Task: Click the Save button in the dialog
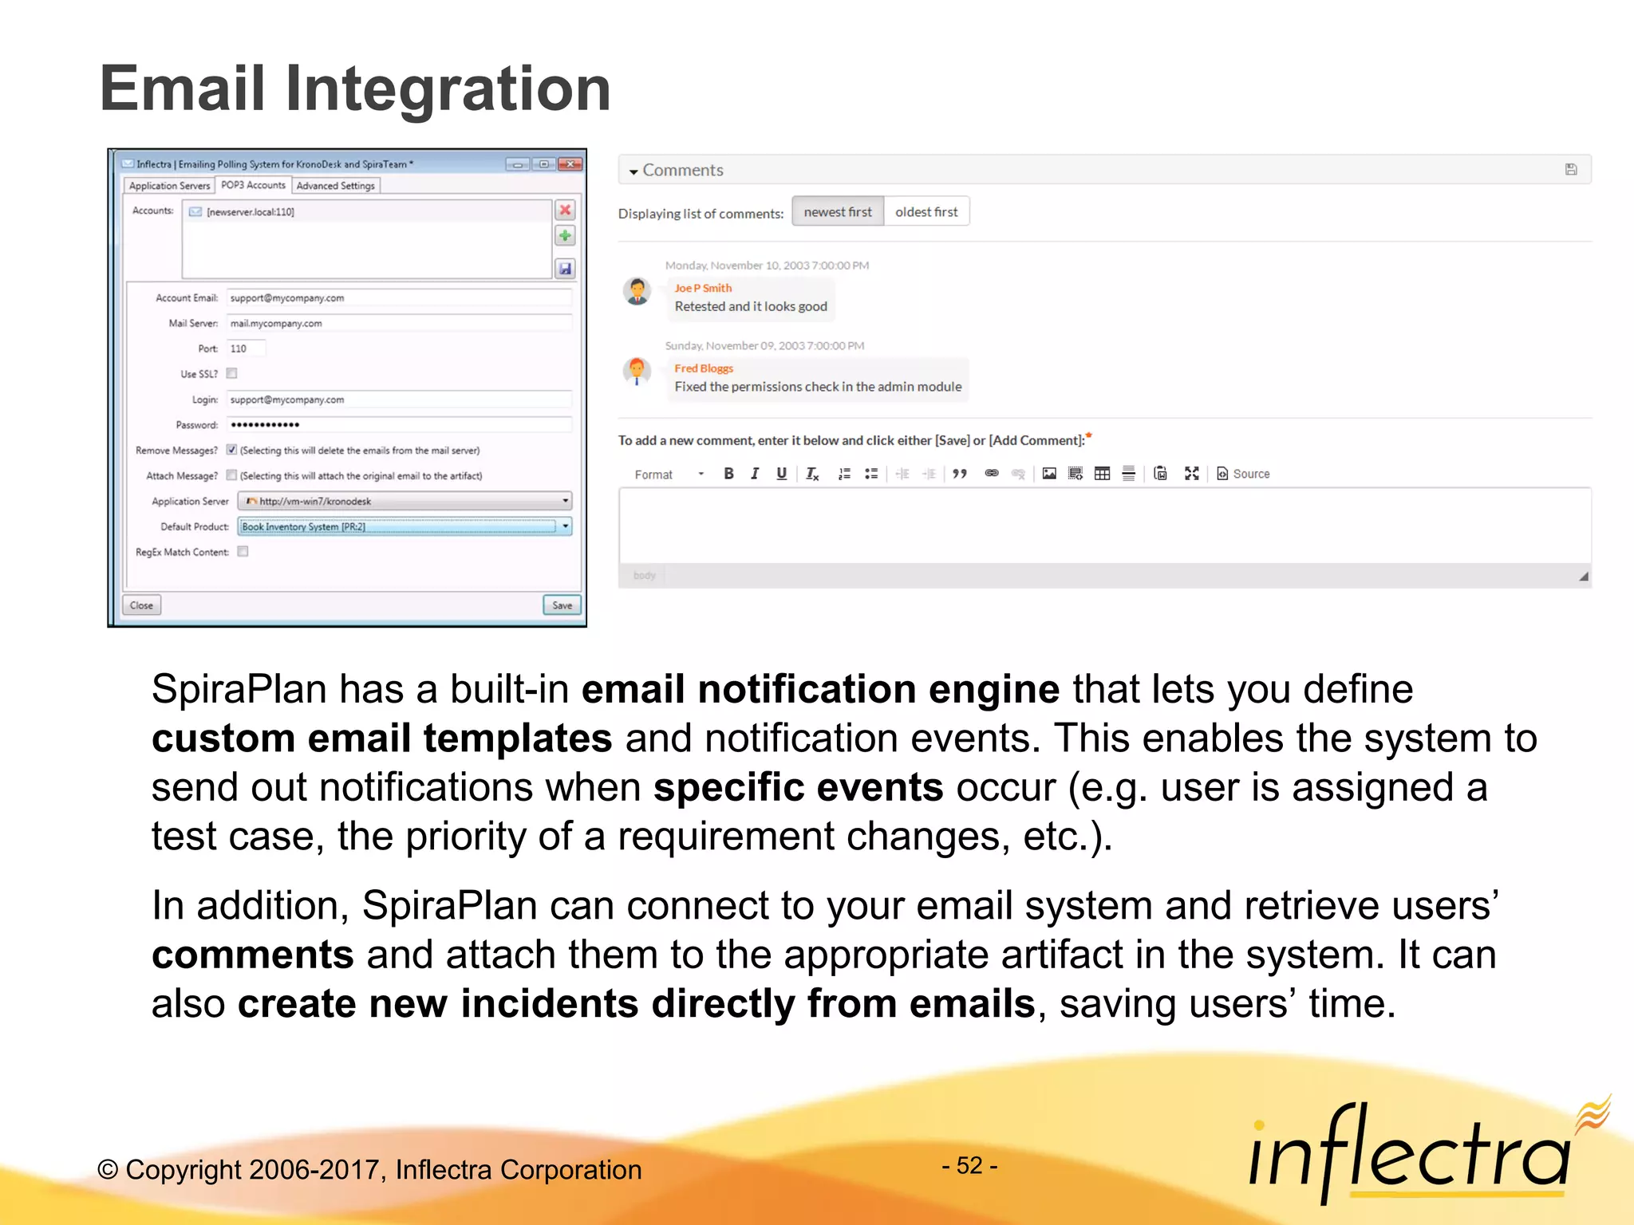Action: pyautogui.click(x=562, y=605)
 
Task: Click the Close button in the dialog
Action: pyautogui.click(x=141, y=605)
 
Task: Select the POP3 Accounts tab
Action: pyautogui.click(x=253, y=185)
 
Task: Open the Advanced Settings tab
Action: pyautogui.click(x=335, y=186)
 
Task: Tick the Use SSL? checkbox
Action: pyautogui.click(x=232, y=373)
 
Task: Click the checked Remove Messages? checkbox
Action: pyautogui.click(x=232, y=450)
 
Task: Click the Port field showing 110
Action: pyautogui.click(x=246, y=349)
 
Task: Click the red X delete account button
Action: pyautogui.click(x=565, y=210)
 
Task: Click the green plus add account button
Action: pyautogui.click(x=565, y=236)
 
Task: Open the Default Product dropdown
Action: pyautogui.click(x=565, y=526)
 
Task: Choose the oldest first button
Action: pyautogui.click(x=926, y=212)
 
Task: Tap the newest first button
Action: pyautogui.click(x=838, y=212)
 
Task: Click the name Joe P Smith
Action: pyautogui.click(x=703, y=288)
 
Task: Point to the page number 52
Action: pyautogui.click(x=969, y=1166)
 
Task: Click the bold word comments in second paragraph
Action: pyautogui.click(x=253, y=955)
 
